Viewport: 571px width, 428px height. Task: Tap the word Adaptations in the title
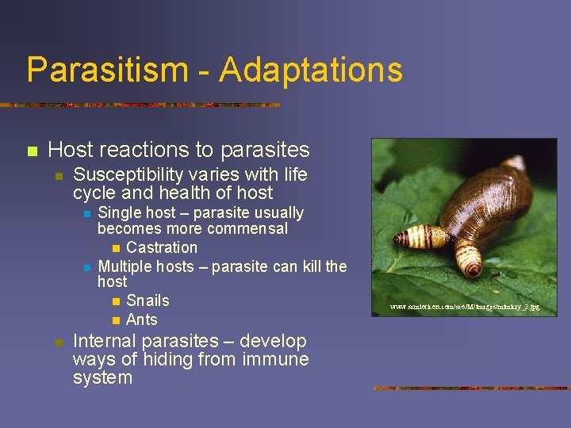tap(311, 70)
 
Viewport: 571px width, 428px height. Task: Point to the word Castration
tap(162, 247)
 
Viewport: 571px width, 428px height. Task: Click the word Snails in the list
tap(148, 300)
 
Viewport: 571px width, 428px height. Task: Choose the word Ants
tap(142, 319)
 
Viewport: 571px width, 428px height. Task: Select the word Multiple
tap(125, 266)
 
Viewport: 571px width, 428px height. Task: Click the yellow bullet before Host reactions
tap(32, 151)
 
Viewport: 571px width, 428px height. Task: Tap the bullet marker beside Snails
tap(116, 301)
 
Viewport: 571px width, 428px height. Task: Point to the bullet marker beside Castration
tap(116, 248)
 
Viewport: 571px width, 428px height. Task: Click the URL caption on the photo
tap(465, 306)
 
